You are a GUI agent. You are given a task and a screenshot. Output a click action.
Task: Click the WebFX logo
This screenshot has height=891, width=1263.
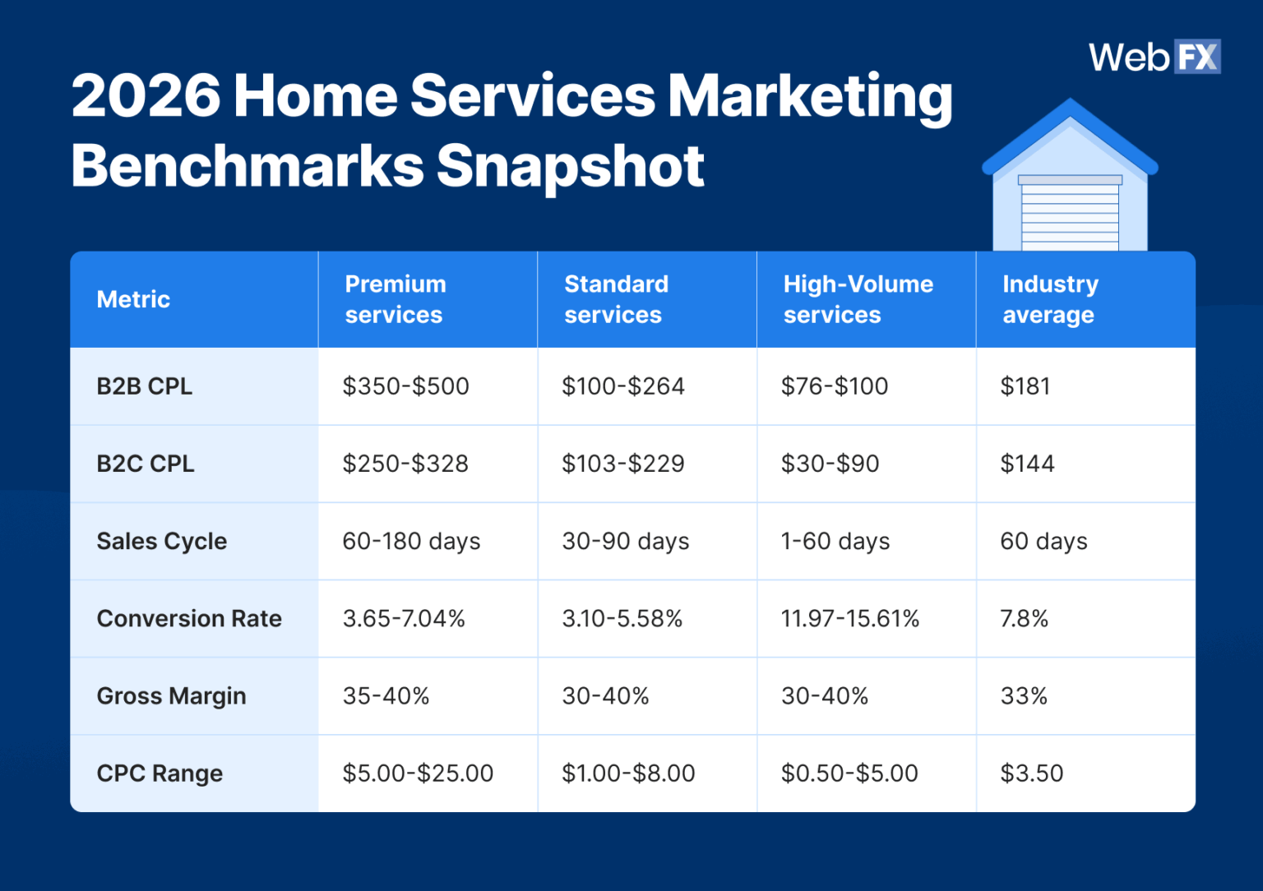click(1154, 58)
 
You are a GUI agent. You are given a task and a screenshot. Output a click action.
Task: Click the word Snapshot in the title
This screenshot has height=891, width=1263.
click(570, 166)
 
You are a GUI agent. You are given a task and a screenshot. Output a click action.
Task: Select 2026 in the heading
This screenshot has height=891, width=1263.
click(146, 95)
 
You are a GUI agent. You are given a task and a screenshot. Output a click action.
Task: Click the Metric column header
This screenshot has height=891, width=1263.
click(133, 299)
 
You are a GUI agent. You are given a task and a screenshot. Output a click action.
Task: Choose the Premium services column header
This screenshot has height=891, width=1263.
click(395, 299)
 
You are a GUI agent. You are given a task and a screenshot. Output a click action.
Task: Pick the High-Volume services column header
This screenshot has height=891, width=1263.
click(858, 299)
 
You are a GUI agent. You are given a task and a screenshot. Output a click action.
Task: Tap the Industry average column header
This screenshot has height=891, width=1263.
click(1049, 299)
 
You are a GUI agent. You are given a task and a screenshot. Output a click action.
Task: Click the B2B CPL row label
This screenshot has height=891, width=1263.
click(144, 386)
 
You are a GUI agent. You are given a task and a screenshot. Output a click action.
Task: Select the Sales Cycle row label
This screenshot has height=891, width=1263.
click(161, 541)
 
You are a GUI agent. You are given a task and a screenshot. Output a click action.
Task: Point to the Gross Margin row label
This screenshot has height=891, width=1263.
click(171, 696)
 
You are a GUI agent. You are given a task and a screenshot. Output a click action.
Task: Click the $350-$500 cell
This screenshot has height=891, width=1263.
click(405, 386)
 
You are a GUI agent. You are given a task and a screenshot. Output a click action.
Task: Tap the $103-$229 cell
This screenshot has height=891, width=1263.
click(622, 464)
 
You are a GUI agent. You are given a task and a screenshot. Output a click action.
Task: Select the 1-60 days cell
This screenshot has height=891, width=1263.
click(835, 541)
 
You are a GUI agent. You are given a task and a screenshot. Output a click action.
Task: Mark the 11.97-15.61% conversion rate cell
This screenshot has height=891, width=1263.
click(849, 619)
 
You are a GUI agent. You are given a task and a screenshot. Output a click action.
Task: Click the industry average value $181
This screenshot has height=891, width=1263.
click(1025, 386)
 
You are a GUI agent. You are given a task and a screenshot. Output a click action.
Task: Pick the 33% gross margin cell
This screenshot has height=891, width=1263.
click(1023, 696)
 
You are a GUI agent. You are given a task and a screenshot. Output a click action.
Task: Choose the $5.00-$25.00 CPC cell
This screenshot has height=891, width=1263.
click(418, 773)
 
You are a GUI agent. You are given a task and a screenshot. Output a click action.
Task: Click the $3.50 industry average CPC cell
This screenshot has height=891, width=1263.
click(1031, 773)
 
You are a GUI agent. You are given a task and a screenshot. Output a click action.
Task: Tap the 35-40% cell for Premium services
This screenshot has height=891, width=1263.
click(386, 696)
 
